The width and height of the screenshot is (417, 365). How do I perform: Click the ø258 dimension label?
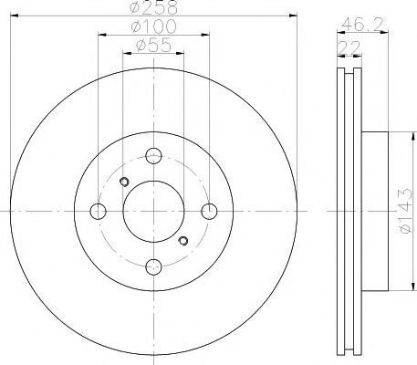click(x=153, y=7)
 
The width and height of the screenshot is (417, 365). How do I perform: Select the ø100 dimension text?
click(x=153, y=26)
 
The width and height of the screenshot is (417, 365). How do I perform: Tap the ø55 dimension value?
click(x=153, y=46)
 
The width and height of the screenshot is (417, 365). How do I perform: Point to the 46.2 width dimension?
click(x=362, y=24)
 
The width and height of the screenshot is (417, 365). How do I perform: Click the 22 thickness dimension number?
click(x=349, y=47)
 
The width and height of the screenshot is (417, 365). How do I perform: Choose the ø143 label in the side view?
click(x=406, y=211)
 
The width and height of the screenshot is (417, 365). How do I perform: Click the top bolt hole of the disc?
click(x=153, y=156)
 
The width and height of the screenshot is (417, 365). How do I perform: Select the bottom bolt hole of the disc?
click(x=153, y=266)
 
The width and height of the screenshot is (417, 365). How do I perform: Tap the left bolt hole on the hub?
click(x=98, y=211)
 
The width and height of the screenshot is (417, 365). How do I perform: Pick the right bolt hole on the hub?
click(x=209, y=211)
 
